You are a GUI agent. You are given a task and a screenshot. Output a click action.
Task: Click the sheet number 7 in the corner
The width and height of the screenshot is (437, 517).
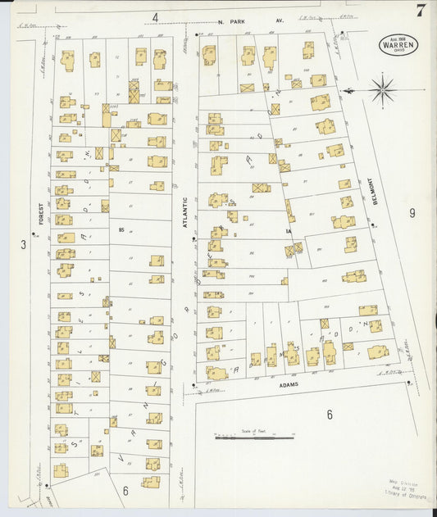420,11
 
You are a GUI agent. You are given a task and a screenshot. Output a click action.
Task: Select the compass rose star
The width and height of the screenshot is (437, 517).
382,88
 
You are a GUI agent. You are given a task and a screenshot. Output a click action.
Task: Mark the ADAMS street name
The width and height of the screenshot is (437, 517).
288,383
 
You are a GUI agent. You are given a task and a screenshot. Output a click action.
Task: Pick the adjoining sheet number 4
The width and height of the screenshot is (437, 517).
154,16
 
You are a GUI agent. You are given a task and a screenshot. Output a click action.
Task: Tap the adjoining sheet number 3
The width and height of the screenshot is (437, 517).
24,244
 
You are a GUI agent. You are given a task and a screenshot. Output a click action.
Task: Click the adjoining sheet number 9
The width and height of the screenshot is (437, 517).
412,213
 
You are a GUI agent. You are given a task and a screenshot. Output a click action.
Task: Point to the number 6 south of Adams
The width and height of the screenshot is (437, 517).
330,415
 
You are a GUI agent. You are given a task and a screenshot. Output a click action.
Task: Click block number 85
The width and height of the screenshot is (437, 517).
121,230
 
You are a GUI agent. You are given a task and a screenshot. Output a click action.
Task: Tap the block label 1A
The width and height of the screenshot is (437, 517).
289,231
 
